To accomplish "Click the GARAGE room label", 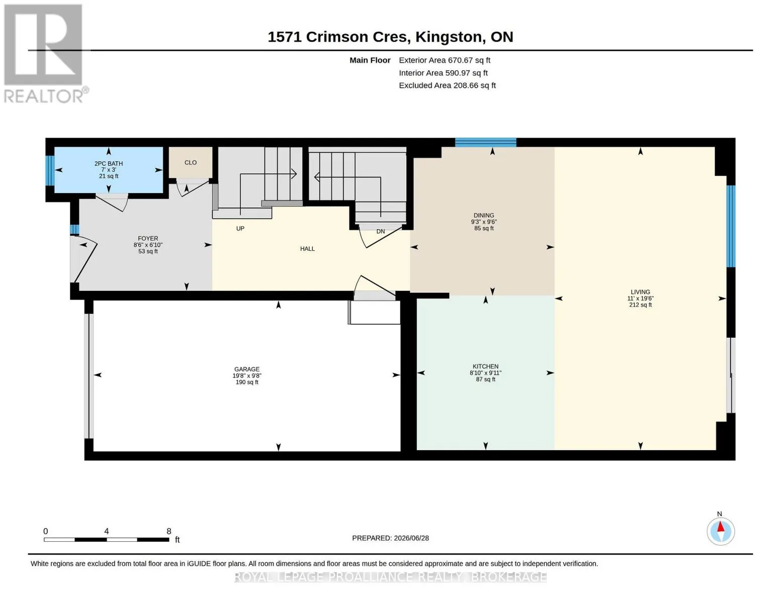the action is point(246,369).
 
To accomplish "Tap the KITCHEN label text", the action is point(485,366).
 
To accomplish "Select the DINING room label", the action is point(484,216).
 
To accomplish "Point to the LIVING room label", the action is point(640,292).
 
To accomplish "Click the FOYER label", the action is point(148,239).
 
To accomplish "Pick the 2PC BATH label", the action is point(109,163).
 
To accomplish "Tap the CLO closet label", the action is point(191,163).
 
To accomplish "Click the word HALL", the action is point(307,249).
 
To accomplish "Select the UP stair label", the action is point(240,229).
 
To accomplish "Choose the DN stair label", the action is point(381,231).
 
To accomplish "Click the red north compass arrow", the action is point(720,527).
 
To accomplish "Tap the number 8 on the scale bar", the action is point(169,531).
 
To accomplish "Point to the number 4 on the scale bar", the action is point(107,531).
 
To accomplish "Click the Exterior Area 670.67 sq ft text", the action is point(444,60).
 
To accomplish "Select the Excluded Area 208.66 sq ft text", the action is point(447,85).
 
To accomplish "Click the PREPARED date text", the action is point(390,538).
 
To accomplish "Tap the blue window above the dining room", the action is point(486,143).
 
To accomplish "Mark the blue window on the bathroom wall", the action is point(50,170).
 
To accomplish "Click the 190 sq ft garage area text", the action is point(246,382).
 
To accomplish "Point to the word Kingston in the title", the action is point(449,37).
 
